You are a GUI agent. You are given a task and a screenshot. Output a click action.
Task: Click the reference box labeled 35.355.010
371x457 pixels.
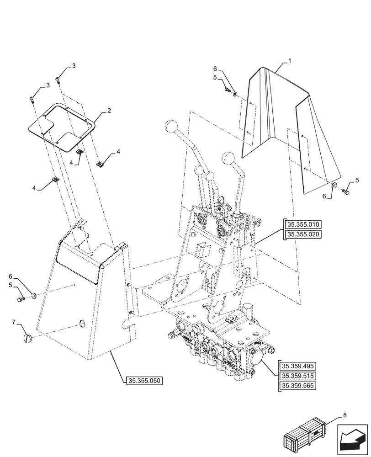click(x=303, y=224)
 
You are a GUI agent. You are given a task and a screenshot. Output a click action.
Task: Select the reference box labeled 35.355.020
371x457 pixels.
click(x=303, y=235)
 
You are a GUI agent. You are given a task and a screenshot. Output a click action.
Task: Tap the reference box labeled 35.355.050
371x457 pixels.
click(x=143, y=380)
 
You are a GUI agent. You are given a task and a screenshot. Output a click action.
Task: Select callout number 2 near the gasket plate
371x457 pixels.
click(x=109, y=111)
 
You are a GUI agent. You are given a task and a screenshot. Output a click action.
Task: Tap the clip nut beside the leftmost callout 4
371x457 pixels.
click(x=55, y=180)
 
